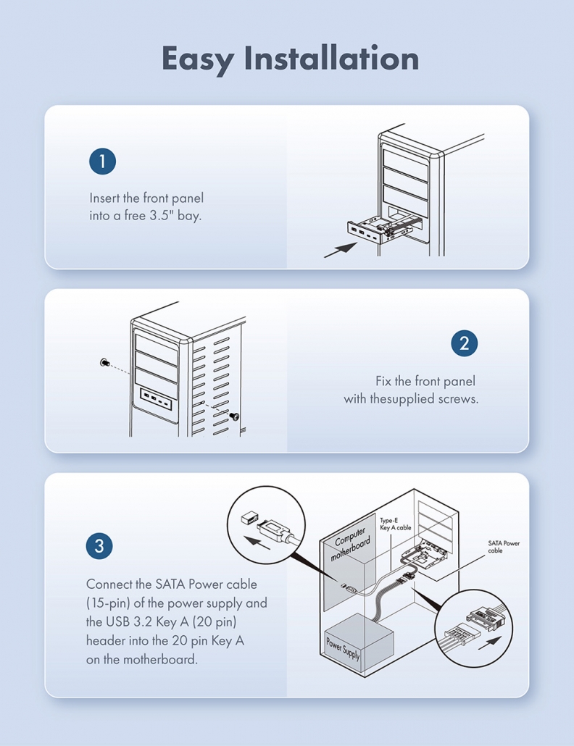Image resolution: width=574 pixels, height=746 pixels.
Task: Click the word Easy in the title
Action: click(198, 59)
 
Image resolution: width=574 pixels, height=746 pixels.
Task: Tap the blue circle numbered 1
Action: click(102, 162)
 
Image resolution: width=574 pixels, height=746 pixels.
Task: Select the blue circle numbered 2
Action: click(464, 343)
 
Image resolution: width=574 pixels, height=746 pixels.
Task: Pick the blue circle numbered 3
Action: click(99, 545)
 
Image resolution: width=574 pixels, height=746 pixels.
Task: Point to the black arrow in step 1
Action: click(341, 250)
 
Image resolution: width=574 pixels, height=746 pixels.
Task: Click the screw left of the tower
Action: click(105, 363)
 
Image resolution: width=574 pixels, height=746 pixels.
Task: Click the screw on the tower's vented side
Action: click(234, 416)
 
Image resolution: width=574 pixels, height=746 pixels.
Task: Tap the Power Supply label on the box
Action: click(343, 648)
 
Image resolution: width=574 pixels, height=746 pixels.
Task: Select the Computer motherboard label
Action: click(350, 543)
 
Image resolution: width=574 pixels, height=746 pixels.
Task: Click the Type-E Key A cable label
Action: click(395, 524)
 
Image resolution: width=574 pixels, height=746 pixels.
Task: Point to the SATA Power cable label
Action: click(504, 547)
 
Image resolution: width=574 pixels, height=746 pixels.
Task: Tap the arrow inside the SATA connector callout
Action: click(490, 642)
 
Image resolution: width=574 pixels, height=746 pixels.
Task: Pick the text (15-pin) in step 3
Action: click(108, 603)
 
